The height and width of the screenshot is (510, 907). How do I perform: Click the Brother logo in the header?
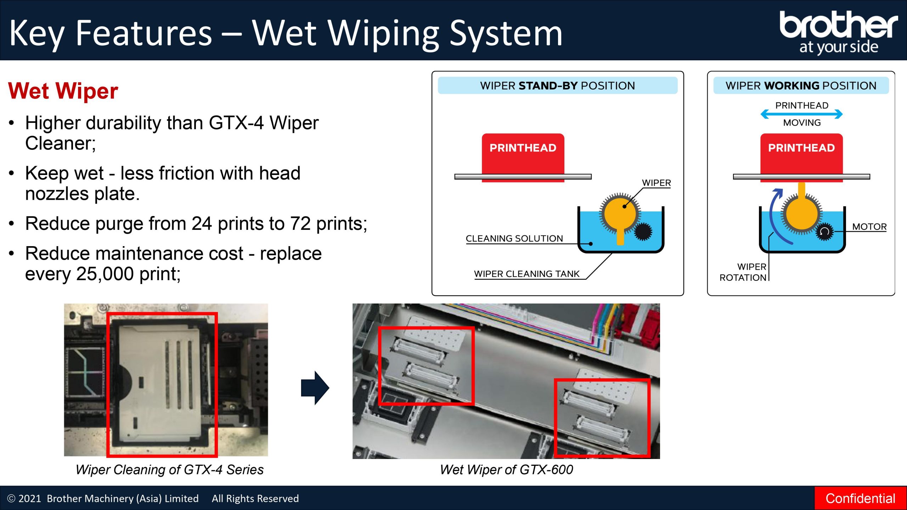838,32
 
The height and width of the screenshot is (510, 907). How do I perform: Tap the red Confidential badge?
860,498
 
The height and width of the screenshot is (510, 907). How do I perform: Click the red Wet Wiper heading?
63,91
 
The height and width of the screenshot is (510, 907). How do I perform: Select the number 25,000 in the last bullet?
105,274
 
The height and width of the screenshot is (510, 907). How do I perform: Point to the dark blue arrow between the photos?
315,388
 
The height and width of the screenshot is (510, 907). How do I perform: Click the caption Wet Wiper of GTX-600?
506,470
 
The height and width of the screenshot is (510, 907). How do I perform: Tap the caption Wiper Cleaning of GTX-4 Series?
169,470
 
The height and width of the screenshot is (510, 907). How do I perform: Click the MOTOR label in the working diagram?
869,227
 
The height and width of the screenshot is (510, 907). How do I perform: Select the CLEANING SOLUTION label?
514,238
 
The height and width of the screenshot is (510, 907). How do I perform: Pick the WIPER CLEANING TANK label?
526,274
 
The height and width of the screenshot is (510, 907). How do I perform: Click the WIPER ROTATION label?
743,272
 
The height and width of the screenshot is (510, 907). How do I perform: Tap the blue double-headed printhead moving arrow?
801,114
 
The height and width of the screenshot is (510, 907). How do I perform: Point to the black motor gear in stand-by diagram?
643,232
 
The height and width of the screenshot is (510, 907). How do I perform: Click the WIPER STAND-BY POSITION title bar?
558,86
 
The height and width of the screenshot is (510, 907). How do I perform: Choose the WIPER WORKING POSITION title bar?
801,86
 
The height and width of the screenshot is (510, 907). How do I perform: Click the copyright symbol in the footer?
11,499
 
